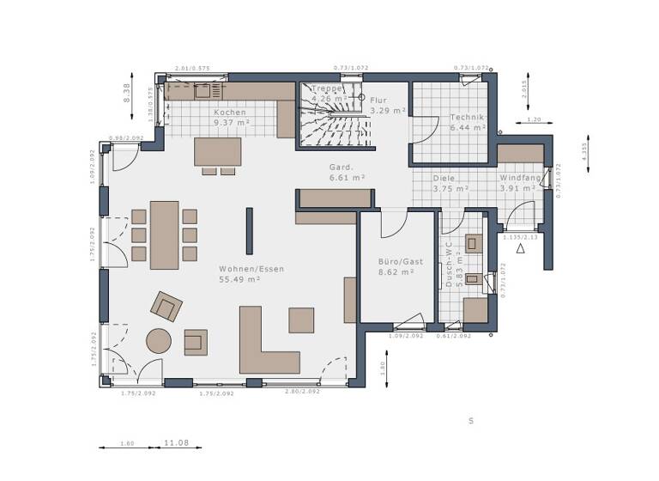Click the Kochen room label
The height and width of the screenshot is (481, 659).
pos(229,113)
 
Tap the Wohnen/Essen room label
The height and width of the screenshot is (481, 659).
pos(251,269)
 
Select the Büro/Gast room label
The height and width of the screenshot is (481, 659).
pos(396,260)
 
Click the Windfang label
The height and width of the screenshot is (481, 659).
pos(520,178)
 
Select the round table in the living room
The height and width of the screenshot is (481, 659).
pos(159,342)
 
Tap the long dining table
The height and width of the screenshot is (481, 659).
pos(164,234)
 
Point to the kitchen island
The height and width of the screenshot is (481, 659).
pos(218,151)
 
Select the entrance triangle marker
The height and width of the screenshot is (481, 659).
pos(520,249)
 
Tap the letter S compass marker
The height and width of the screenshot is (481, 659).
pos(470,421)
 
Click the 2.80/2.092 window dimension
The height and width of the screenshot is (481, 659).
pos(301,392)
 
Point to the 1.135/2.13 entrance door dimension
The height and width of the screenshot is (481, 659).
pos(519,237)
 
